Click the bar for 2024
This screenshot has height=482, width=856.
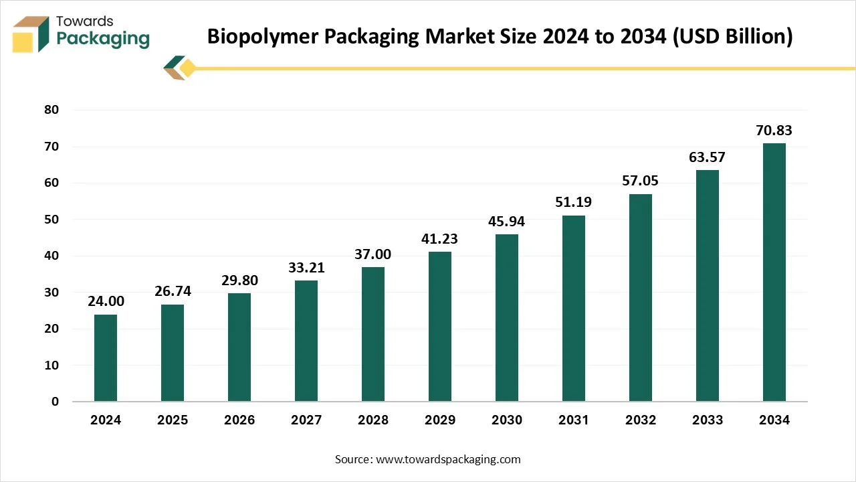(x=106, y=358)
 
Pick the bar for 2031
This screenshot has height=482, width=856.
(x=574, y=309)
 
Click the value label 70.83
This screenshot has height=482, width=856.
(x=774, y=131)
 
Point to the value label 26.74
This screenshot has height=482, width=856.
(x=173, y=293)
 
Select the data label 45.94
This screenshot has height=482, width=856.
(x=507, y=222)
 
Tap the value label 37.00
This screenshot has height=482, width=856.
(x=373, y=255)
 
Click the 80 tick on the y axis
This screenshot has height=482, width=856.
(x=51, y=110)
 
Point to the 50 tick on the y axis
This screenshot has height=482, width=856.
(x=51, y=220)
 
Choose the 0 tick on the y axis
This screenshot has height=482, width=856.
(x=56, y=402)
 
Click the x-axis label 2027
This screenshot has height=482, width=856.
(x=306, y=420)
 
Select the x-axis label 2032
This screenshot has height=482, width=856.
(x=641, y=420)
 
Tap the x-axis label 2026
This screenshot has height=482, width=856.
(x=239, y=420)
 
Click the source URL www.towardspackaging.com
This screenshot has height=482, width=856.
(x=448, y=459)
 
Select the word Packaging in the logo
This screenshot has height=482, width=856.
(x=103, y=39)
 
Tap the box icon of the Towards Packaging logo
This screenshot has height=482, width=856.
(x=31, y=34)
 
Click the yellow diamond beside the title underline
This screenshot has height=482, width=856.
(x=188, y=68)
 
